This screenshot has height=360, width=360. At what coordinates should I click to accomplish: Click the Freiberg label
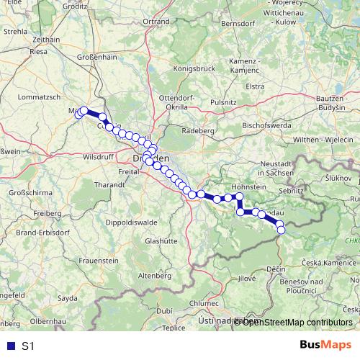click(x=29, y=214)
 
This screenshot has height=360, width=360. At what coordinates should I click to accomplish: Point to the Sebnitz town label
click(x=292, y=191)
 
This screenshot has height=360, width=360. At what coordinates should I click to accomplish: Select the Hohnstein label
click(x=249, y=186)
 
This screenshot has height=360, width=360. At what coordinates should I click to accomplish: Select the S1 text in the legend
click(x=28, y=346)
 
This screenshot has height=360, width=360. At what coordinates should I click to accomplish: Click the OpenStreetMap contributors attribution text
click(x=297, y=322)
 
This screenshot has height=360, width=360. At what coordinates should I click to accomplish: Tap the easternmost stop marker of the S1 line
click(x=281, y=230)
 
